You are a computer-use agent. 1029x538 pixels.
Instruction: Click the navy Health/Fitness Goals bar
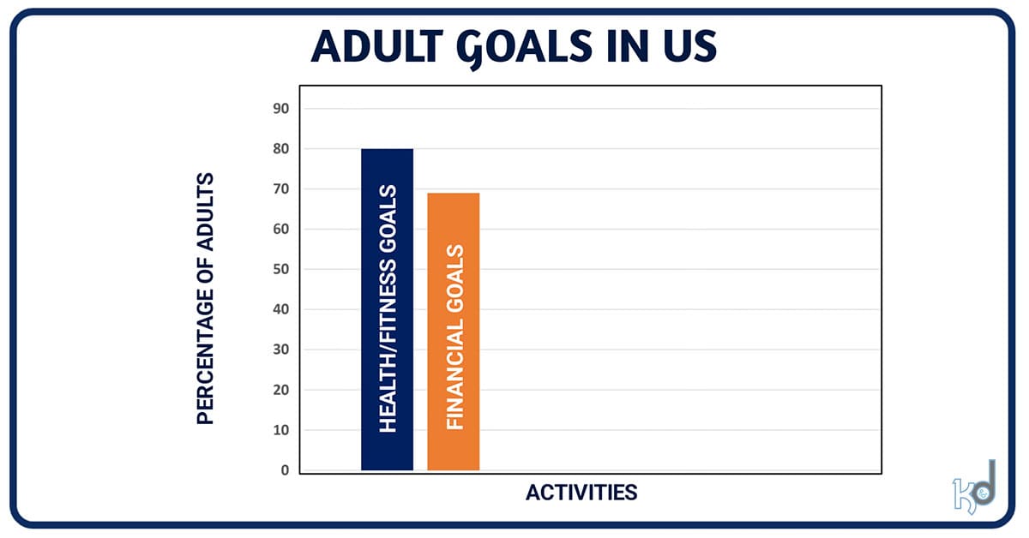(x=387, y=309)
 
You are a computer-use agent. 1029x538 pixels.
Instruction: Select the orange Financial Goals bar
(x=453, y=332)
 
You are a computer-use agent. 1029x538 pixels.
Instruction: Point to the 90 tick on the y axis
(x=282, y=109)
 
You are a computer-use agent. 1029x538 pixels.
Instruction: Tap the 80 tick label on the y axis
(x=282, y=149)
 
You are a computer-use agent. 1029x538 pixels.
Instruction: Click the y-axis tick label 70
(x=282, y=189)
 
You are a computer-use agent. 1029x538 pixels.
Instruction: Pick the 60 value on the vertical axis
(x=282, y=230)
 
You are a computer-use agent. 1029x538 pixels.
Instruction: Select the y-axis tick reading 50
(x=282, y=270)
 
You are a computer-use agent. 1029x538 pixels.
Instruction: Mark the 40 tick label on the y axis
(x=282, y=309)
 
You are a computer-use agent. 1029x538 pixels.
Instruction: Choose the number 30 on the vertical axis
(x=282, y=350)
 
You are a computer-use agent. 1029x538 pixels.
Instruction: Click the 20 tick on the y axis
(x=282, y=390)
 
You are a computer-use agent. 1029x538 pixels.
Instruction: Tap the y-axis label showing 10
(x=282, y=430)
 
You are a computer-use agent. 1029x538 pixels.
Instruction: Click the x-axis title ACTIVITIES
(x=581, y=493)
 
